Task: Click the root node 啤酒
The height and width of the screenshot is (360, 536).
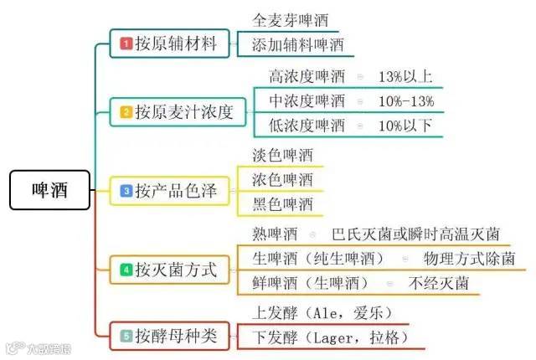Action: click(49, 192)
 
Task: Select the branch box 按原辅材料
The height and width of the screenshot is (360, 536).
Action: click(168, 44)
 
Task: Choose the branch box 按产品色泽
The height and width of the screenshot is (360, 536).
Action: click(168, 192)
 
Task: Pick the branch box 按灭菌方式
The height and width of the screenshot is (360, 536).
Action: click(168, 270)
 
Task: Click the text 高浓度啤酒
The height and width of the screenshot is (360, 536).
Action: click(307, 77)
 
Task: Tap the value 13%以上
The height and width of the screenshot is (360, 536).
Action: click(405, 77)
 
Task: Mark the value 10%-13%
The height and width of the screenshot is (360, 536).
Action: click(405, 101)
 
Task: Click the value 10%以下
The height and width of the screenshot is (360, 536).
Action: click(405, 126)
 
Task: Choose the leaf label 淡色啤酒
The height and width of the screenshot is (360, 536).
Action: click(282, 156)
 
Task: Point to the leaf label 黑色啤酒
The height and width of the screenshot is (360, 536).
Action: click(282, 203)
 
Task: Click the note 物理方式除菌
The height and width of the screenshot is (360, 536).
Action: click(469, 258)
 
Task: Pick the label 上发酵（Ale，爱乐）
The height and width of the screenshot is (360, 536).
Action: click(322, 313)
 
